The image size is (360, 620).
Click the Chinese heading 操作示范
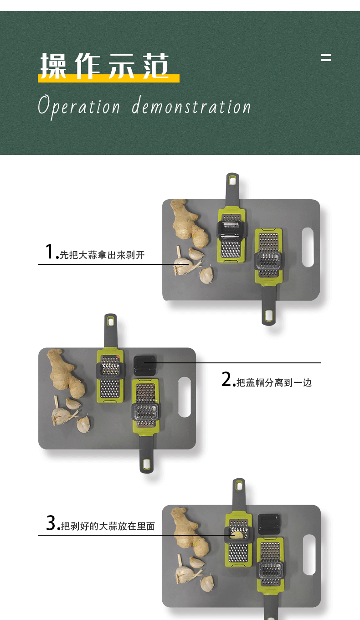click(105, 66)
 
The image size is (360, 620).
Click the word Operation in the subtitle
click(79, 107)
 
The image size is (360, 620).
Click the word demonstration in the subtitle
click(191, 107)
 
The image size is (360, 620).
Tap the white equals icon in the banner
click(325, 57)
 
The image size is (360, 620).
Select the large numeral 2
click(226, 379)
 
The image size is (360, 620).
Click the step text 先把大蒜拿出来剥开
click(102, 255)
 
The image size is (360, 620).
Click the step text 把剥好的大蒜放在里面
click(108, 526)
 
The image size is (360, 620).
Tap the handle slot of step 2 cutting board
click(184, 397)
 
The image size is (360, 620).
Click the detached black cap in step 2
click(145, 366)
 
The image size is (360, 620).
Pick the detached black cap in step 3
click(269, 524)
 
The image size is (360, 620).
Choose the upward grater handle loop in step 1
click(232, 181)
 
